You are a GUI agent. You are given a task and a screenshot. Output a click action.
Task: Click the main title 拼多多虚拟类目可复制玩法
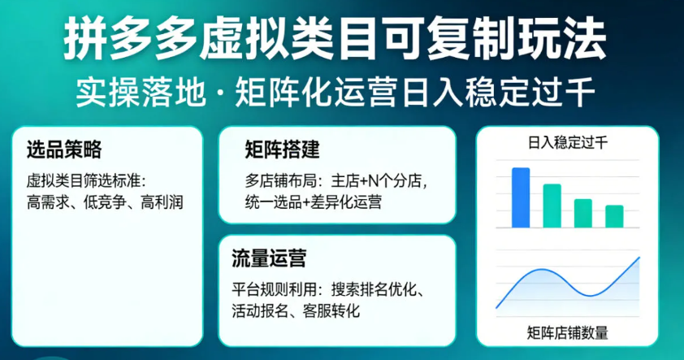335,39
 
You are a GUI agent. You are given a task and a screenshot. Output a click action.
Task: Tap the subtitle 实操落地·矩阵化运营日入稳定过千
336,92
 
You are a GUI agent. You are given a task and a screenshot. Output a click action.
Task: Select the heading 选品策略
63,150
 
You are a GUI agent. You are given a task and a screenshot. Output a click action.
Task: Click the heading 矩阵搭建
282,150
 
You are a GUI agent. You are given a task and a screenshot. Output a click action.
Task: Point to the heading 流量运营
269,258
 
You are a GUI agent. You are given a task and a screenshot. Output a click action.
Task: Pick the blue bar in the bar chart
521,197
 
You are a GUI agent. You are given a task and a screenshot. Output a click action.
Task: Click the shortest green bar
614,216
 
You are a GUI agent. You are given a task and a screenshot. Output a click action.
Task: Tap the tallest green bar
552,206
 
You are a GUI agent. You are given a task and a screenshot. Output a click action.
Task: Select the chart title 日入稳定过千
568,143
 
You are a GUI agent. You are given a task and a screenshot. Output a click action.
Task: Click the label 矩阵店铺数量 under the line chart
567,332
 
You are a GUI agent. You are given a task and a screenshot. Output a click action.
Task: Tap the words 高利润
162,202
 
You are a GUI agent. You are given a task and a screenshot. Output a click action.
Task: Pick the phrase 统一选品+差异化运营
314,202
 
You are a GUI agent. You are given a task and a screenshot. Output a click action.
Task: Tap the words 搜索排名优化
374,289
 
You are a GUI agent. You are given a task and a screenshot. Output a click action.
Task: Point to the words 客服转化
331,311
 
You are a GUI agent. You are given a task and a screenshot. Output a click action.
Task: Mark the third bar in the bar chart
582,214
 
